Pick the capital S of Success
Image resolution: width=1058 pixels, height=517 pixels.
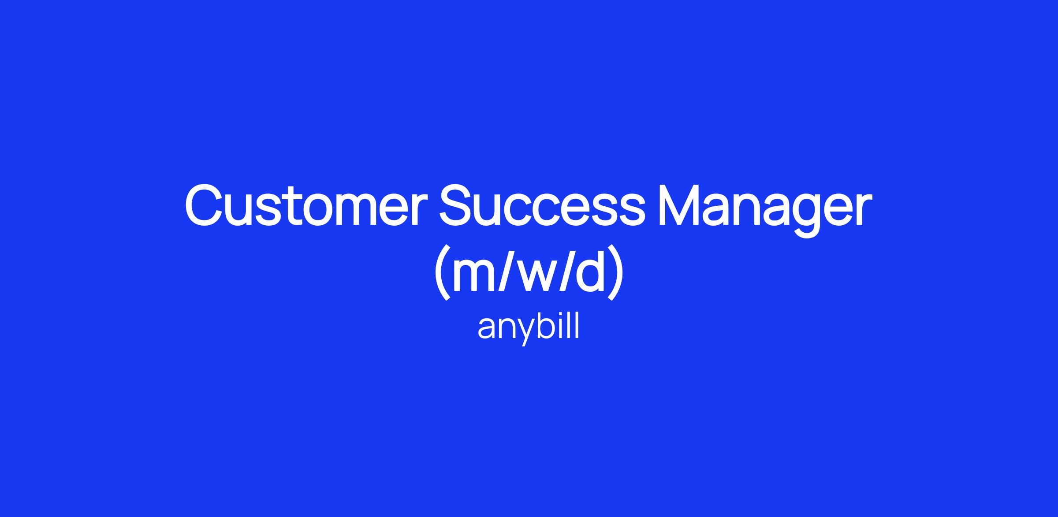click(457, 205)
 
